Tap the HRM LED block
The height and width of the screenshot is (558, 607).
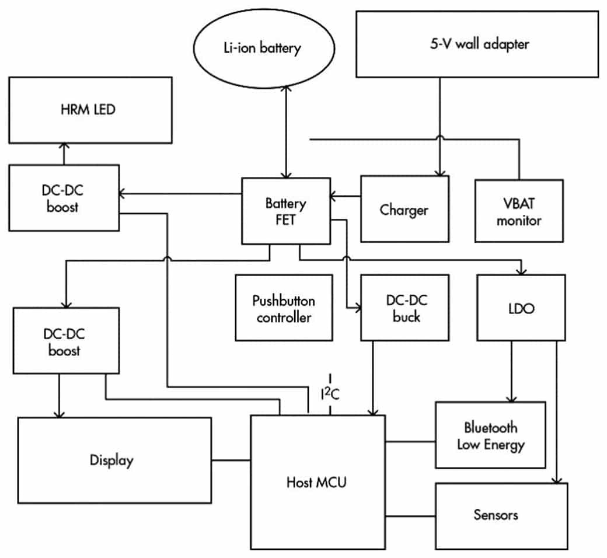[90, 110]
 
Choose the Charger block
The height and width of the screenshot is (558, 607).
[404, 209]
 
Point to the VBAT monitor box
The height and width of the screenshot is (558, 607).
[519, 211]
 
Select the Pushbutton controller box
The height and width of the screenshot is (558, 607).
[284, 308]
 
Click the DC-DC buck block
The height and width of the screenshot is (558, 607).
[405, 308]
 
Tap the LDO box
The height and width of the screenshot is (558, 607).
[521, 308]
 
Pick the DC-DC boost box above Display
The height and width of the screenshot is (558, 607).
[65, 341]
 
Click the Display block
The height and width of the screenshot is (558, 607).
[114, 460]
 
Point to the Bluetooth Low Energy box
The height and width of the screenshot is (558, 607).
[490, 435]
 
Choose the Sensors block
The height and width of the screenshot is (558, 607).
[501, 515]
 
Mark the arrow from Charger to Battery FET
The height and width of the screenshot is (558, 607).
[345, 197]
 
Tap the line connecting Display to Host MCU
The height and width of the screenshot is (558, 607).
[231, 461]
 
